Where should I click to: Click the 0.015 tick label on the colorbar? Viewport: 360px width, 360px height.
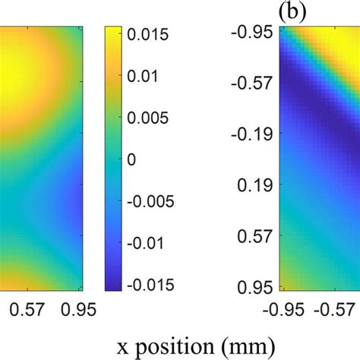pos(152,34)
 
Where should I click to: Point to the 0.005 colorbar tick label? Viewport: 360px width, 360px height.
pos(152,118)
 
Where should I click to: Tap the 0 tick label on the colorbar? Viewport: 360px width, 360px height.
pos(135,159)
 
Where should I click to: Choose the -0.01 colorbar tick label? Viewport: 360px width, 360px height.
pos(150,242)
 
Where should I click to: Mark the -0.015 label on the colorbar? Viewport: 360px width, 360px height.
pos(154,284)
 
